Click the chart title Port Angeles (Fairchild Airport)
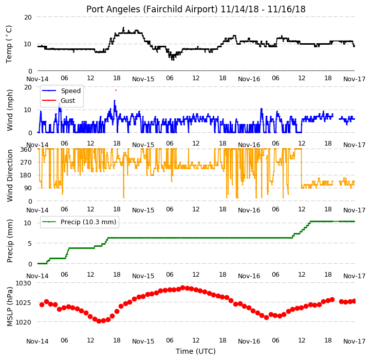pyautogui.click(x=152, y=9)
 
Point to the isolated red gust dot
pyautogui.click(x=116, y=90)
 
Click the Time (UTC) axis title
pyautogui.click(x=195, y=351)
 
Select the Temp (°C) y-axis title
pyautogui.click(x=9, y=44)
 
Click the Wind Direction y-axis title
pyautogui.click(x=10, y=175)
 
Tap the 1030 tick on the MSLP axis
pyautogui.click(x=23, y=283)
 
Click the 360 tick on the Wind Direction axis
pyautogui.click(x=26, y=150)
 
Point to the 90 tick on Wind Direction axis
pyautogui.click(x=28, y=188)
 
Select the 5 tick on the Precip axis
pyautogui.click(x=30, y=243)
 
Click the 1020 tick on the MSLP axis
pyautogui.click(x=23, y=322)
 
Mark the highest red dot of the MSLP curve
pyautogui.click(x=182, y=288)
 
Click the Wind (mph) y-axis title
pyautogui.click(x=10, y=110)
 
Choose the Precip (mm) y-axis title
pyautogui.click(x=10, y=241)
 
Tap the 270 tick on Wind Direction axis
pyautogui.click(x=26, y=163)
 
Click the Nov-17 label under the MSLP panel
pyautogui.click(x=355, y=341)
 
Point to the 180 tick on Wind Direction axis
pyautogui.click(x=26, y=175)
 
